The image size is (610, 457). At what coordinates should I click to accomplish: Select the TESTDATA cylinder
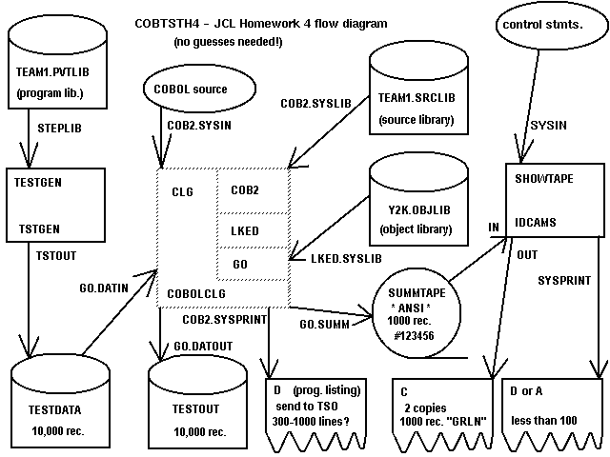(57, 400)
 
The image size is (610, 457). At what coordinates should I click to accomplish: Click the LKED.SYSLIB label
(340, 259)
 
